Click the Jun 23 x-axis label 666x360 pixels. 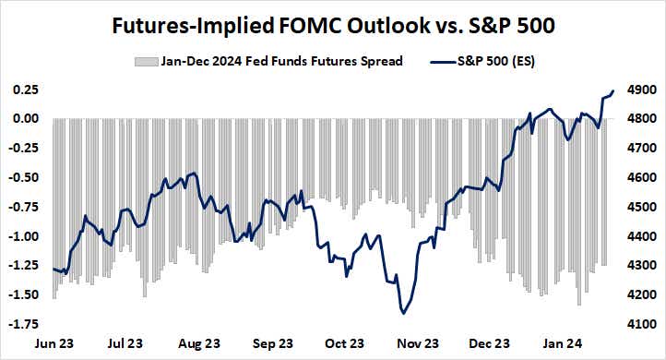click(x=54, y=344)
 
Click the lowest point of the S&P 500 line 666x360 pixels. click(x=404, y=314)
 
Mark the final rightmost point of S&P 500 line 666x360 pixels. click(x=613, y=90)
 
